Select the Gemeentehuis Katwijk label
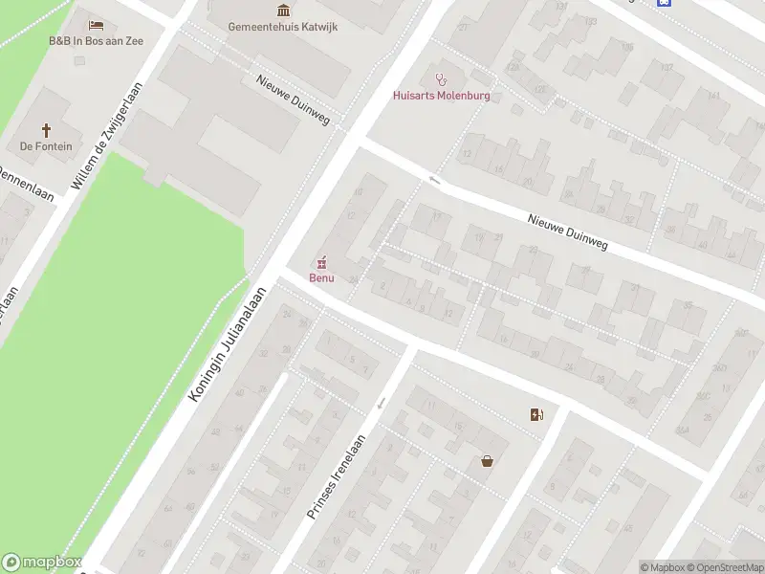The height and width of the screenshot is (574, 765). coord(282,27)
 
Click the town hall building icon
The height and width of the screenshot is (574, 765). coord(282,11)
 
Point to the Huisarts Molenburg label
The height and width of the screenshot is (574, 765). coord(441,95)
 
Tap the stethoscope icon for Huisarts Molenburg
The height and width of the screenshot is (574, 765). coord(441,78)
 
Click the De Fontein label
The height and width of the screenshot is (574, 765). coord(46,146)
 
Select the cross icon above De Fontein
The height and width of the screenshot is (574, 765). coord(46,129)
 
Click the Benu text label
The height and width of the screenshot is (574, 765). coord(321,277)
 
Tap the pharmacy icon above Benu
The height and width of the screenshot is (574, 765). coord(321,261)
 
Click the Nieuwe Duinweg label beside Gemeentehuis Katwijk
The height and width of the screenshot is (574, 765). coord(293,99)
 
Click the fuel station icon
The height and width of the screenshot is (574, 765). coord(536,414)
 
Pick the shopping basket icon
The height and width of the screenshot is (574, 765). coord(488,461)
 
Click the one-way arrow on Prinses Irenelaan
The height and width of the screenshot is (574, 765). coord(382,403)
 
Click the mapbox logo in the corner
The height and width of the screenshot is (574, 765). coord(42,563)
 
